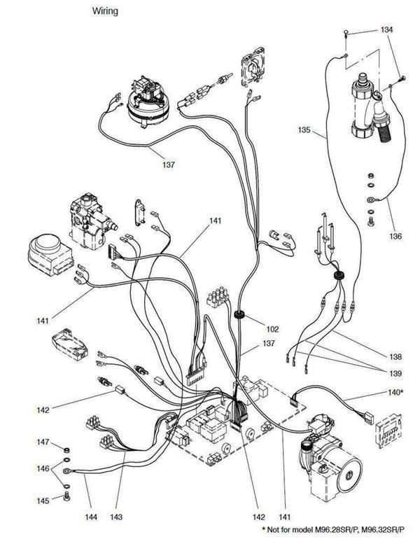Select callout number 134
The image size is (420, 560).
tap(387, 30)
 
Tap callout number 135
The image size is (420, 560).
tap(304, 130)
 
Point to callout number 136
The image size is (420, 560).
tap(396, 236)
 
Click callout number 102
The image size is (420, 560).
tap(272, 329)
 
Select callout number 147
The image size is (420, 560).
tap(43, 442)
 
